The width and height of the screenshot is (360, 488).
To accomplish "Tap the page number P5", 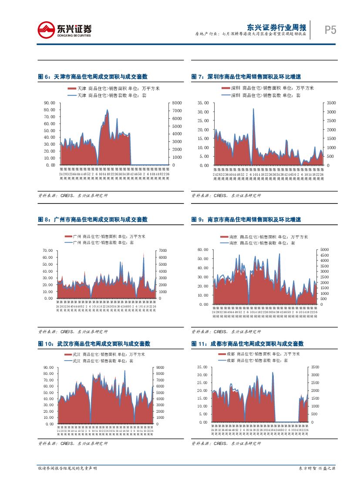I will click(x=330, y=30).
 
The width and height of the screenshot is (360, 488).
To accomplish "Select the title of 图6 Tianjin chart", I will click(x=93, y=77).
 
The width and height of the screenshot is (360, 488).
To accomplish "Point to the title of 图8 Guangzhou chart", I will click(x=93, y=220).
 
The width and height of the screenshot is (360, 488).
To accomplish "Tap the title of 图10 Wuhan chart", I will click(x=94, y=344).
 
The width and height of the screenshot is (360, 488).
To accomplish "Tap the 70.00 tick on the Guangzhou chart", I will click(x=47, y=251).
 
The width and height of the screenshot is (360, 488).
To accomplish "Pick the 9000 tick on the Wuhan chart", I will click(x=161, y=368).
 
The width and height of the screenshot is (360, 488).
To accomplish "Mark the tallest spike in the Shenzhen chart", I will click(x=253, y=109).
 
